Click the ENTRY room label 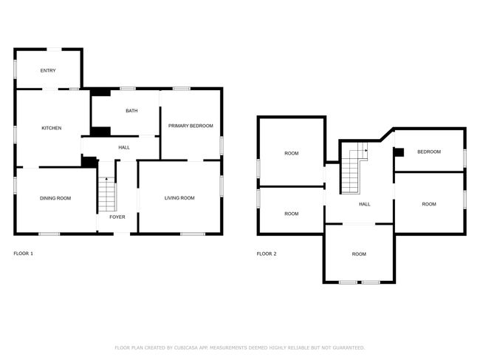point(48,70)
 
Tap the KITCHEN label point(52,128)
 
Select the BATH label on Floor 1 point(131,111)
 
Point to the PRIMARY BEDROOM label point(191,126)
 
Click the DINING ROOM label point(55,198)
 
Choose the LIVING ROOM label point(179,198)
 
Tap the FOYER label point(117,217)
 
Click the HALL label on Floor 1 point(124,147)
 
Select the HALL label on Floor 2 point(365,204)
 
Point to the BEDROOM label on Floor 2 point(429,152)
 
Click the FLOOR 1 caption point(24,254)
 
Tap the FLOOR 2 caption point(267,254)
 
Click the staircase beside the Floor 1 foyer point(107,194)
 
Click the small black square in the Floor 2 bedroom point(399,152)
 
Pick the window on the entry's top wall point(54,50)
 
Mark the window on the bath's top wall point(128,89)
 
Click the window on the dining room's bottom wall point(49,234)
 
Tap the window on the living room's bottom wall point(193,234)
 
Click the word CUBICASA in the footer point(186,347)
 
